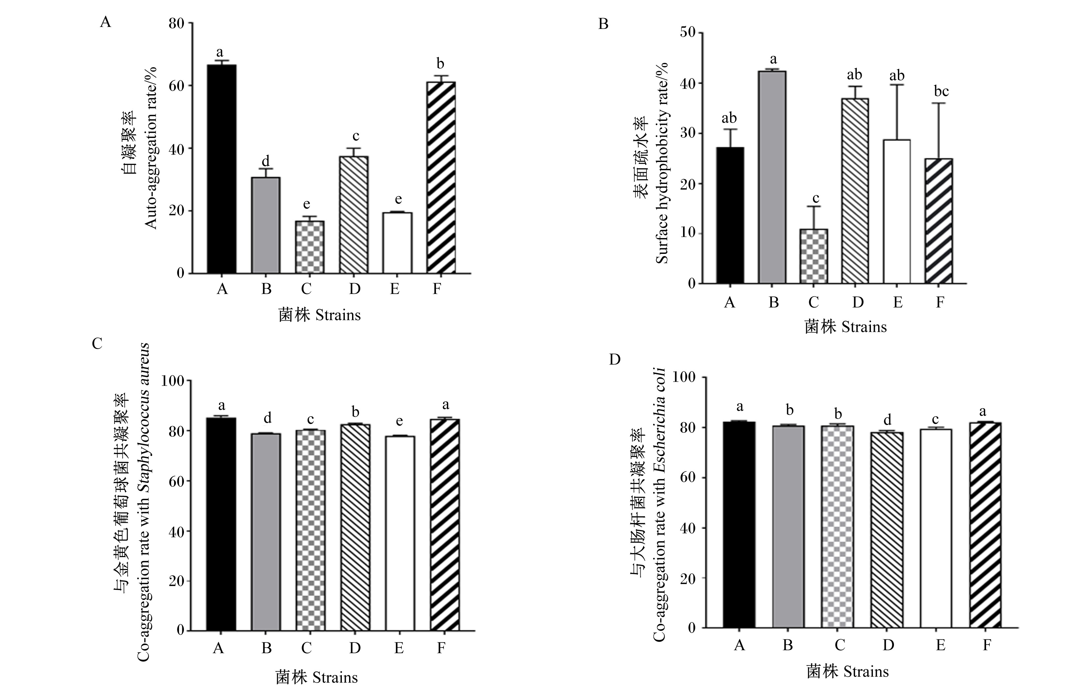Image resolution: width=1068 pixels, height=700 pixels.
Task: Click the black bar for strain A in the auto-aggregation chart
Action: (222, 169)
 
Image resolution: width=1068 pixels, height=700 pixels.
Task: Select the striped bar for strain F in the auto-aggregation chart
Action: (441, 177)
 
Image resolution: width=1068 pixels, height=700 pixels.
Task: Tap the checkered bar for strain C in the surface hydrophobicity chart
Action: (814, 256)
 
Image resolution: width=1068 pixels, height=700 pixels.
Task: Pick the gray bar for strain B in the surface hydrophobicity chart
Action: (772, 177)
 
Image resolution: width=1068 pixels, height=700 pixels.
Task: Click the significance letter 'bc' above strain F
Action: (941, 91)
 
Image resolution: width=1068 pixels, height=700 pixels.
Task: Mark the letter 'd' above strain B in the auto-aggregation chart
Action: (266, 160)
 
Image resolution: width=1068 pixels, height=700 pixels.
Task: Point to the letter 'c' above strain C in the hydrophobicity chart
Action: (816, 198)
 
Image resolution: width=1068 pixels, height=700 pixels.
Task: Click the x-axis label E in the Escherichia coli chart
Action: (941, 645)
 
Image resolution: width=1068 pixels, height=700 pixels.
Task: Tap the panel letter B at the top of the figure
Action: (603, 23)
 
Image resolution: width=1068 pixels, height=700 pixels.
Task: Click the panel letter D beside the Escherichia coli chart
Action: (614, 360)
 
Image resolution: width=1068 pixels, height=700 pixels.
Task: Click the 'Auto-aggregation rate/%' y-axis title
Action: (152, 148)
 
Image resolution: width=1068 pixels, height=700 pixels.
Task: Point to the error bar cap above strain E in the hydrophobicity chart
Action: (897, 84)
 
